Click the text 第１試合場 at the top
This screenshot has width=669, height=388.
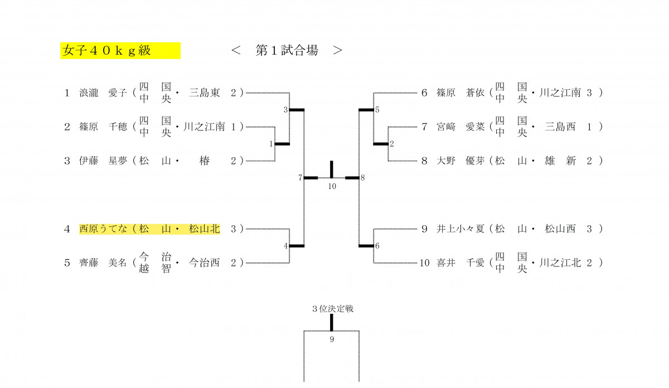click(287, 51)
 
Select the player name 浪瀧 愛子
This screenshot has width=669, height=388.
click(104, 93)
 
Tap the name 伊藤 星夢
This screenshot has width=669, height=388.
click(104, 161)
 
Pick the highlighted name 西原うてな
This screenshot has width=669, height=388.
click(104, 229)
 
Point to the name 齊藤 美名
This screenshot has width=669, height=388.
click(104, 263)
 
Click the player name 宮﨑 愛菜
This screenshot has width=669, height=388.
click(460, 127)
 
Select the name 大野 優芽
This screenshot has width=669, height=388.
click(460, 161)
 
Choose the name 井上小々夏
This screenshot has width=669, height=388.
click(460, 229)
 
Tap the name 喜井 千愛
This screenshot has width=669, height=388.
click(460, 263)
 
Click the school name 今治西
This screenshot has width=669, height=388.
click(204, 263)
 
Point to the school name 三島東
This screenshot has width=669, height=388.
click(204, 93)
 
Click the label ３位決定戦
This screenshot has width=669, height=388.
click(332, 308)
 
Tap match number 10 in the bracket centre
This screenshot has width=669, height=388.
click(332, 186)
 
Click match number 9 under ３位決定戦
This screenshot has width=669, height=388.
click(332, 339)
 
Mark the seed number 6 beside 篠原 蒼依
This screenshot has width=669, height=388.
click(424, 93)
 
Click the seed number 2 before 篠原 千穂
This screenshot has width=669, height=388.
click(67, 127)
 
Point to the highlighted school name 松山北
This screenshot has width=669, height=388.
click(204, 229)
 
